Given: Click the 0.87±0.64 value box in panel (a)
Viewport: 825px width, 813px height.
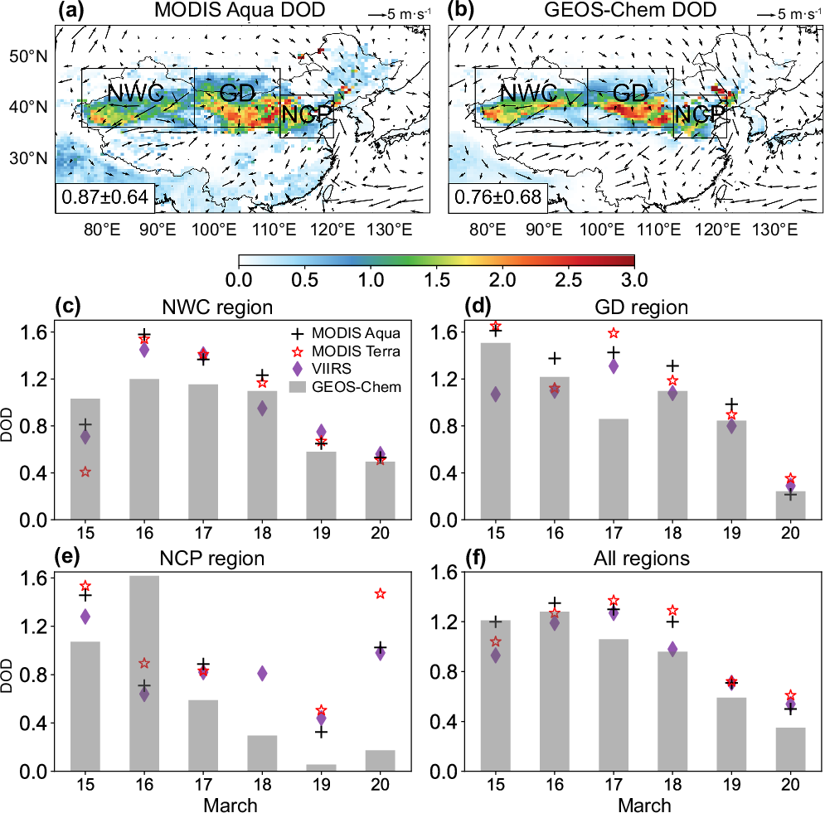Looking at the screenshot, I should pos(91,197).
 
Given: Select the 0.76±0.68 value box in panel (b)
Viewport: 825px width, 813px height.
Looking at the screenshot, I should pos(484,197).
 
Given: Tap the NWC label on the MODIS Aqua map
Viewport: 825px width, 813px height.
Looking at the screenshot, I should pos(134,93).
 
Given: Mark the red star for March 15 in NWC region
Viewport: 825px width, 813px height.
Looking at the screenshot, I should pos(85,472).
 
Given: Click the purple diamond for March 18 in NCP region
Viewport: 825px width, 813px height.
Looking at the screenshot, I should pos(262,674).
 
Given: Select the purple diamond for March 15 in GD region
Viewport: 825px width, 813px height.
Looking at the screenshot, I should pos(496,394).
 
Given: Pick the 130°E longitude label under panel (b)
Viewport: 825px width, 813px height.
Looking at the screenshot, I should pos(781,230).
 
